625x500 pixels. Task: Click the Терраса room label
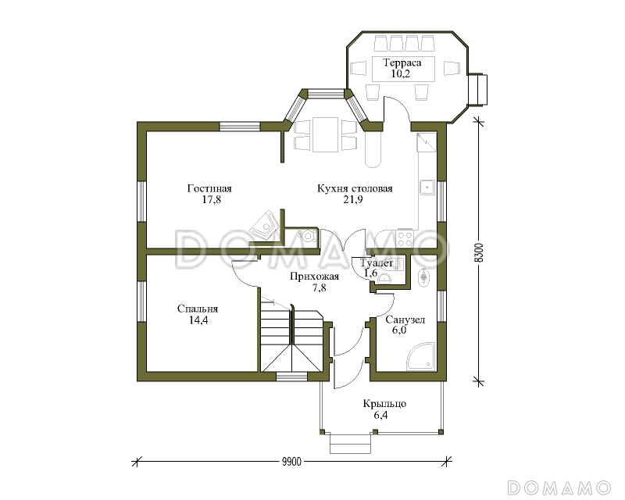[x=402, y=62]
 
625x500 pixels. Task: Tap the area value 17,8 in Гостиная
[x=211, y=199]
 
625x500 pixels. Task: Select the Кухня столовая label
[x=355, y=188]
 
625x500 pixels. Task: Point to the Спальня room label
[x=198, y=309]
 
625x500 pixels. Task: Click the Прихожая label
[x=315, y=277]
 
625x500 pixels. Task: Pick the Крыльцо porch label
[x=384, y=404]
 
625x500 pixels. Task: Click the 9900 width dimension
[x=291, y=462]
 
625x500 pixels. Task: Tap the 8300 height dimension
[x=480, y=252]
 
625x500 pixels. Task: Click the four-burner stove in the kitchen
[x=405, y=238]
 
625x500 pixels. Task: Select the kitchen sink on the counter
[x=427, y=187]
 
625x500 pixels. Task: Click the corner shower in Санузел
[x=420, y=356]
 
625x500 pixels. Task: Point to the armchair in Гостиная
[x=263, y=225]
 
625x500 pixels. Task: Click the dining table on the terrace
[x=402, y=69]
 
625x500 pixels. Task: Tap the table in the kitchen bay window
[x=325, y=134]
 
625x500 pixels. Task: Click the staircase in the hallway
[x=291, y=337]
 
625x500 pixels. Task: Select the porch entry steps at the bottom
[x=351, y=444]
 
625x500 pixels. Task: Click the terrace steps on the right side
[x=477, y=90]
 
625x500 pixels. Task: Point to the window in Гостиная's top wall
[x=240, y=127]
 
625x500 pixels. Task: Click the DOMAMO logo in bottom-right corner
[x=559, y=487]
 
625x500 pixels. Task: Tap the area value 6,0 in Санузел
[x=399, y=330]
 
